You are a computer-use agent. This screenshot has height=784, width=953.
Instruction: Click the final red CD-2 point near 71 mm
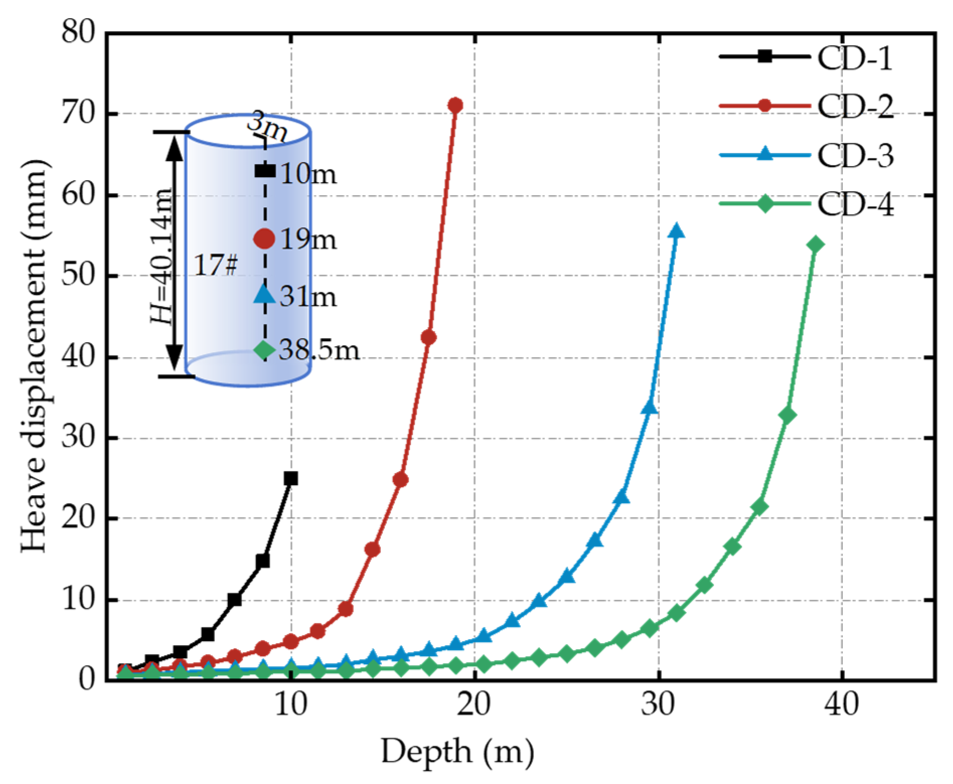click(455, 105)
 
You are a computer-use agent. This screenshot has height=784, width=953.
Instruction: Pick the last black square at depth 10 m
click(291, 478)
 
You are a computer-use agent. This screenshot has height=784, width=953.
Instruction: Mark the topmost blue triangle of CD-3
click(676, 231)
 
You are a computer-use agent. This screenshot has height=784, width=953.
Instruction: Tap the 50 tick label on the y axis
click(78, 276)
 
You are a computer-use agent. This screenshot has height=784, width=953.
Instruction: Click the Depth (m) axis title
click(457, 752)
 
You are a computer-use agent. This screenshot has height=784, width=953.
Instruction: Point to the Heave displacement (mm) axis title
click(35, 356)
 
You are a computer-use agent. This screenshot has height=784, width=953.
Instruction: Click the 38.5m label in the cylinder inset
click(319, 349)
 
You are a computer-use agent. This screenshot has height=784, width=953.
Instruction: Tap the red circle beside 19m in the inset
click(264, 239)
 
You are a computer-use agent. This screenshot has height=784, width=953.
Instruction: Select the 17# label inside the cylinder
click(215, 265)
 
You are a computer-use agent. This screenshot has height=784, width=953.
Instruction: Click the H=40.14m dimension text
click(162, 257)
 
